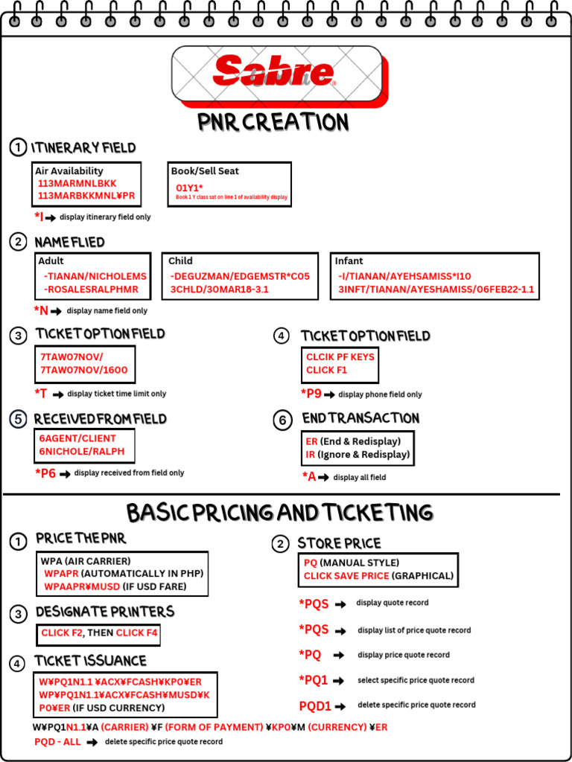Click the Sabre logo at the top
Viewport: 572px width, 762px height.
(x=274, y=72)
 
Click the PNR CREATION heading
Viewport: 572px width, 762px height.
(x=273, y=122)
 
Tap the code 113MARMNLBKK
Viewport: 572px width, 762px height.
(x=77, y=183)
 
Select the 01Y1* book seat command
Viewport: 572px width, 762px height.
(x=190, y=187)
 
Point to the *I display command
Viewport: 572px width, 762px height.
(x=39, y=217)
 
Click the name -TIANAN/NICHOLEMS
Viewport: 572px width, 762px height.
(x=95, y=276)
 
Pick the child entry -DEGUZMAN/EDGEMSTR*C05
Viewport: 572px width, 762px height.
(x=239, y=276)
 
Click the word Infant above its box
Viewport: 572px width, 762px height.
(x=349, y=261)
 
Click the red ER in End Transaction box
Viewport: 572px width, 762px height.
(x=312, y=441)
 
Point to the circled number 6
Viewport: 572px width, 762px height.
(x=282, y=420)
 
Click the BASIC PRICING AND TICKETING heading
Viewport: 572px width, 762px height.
(x=279, y=513)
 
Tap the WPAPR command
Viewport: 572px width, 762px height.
(x=61, y=574)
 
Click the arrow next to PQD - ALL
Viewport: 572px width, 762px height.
(x=92, y=742)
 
